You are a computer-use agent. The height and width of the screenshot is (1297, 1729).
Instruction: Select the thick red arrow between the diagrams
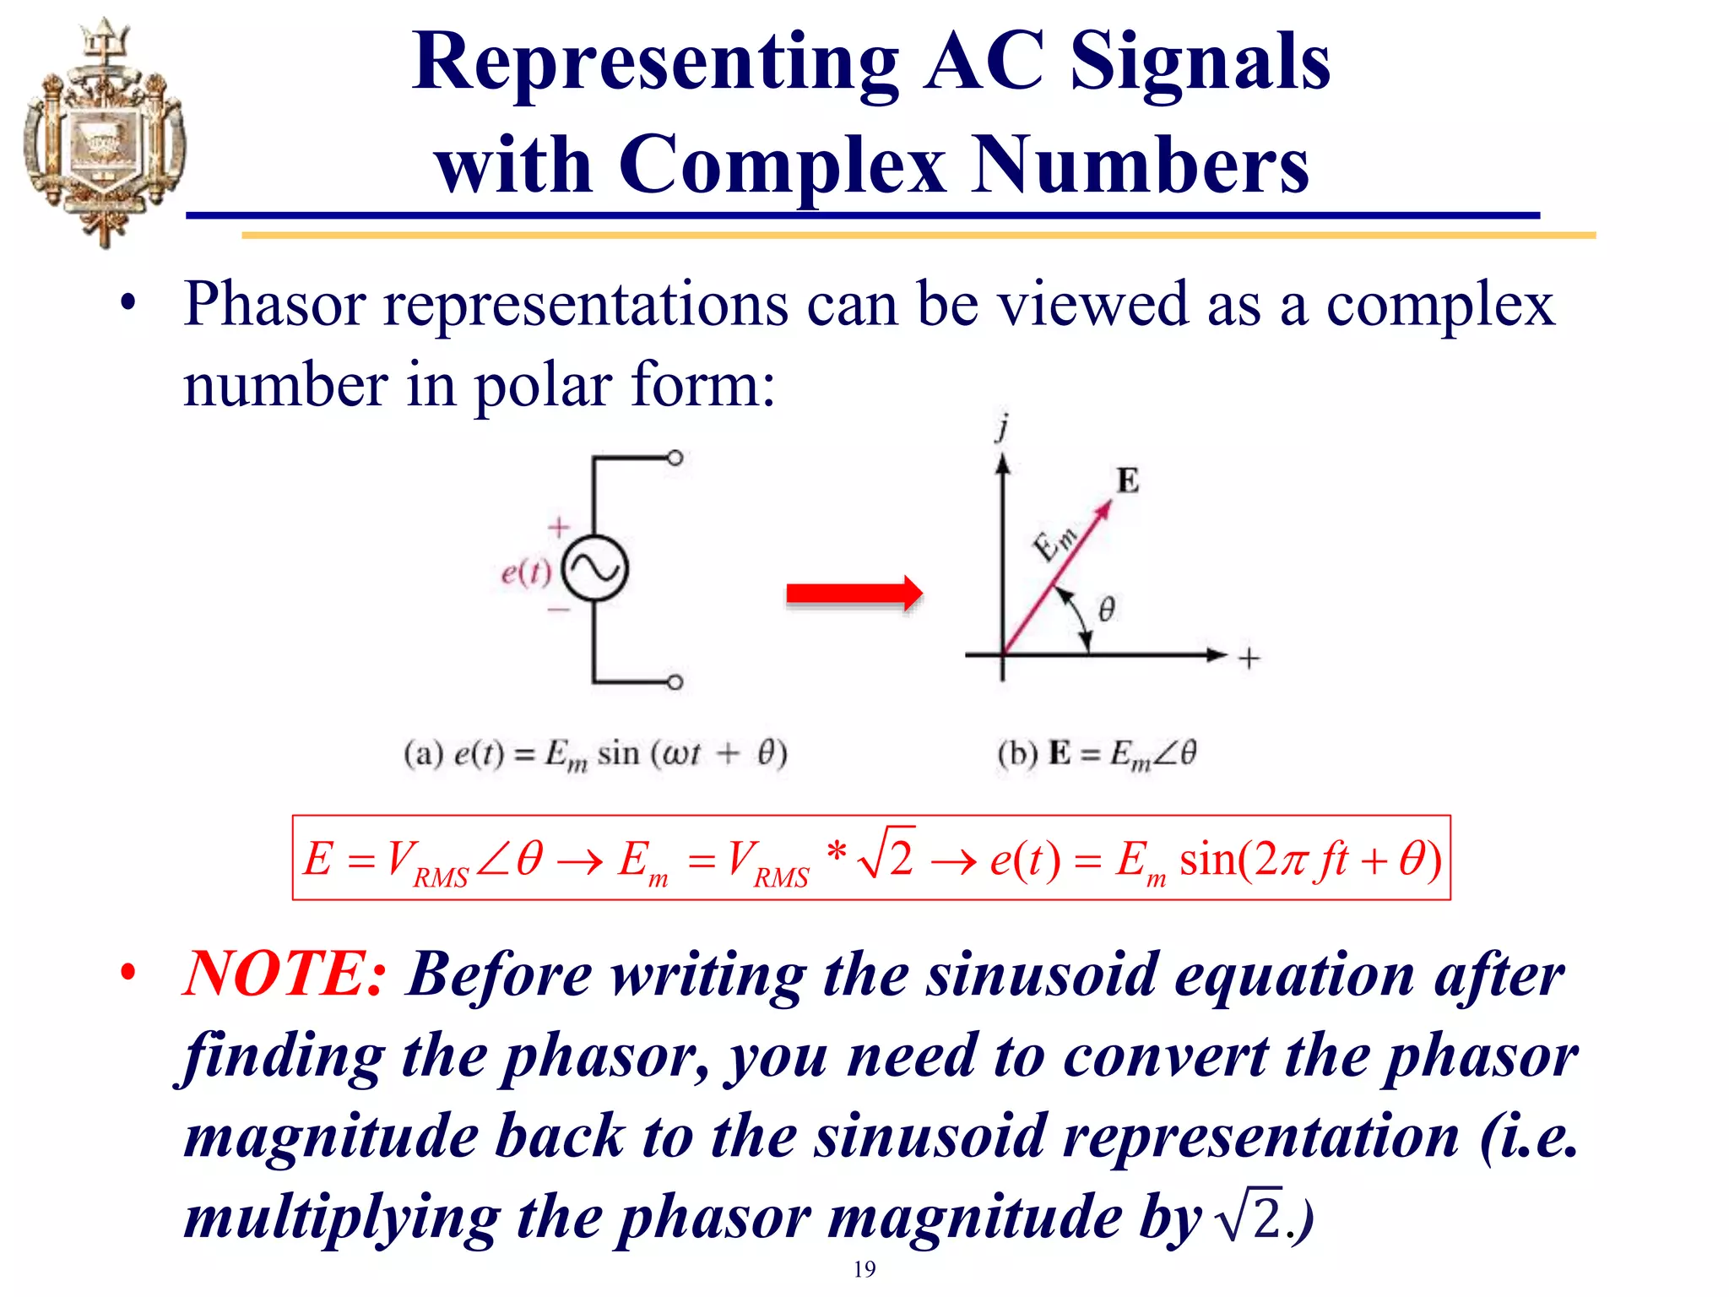[x=854, y=594]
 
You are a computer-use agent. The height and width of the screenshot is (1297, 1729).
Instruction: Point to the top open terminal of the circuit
[x=675, y=459]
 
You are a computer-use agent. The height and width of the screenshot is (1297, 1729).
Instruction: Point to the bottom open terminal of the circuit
[x=675, y=682]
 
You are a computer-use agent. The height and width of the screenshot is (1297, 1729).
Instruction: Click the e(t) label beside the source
[x=525, y=573]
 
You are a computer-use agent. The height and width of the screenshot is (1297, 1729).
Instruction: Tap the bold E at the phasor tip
[x=1128, y=480]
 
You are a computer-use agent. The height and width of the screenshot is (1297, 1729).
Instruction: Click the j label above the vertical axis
[x=1002, y=428]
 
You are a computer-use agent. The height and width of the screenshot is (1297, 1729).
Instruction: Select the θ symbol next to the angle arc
[x=1106, y=609]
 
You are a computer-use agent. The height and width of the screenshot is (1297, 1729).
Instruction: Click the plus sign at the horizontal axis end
[x=1249, y=658]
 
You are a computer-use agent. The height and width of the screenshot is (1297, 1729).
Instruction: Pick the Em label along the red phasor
[x=1055, y=543]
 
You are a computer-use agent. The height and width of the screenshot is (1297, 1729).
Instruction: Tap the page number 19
[x=864, y=1269]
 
